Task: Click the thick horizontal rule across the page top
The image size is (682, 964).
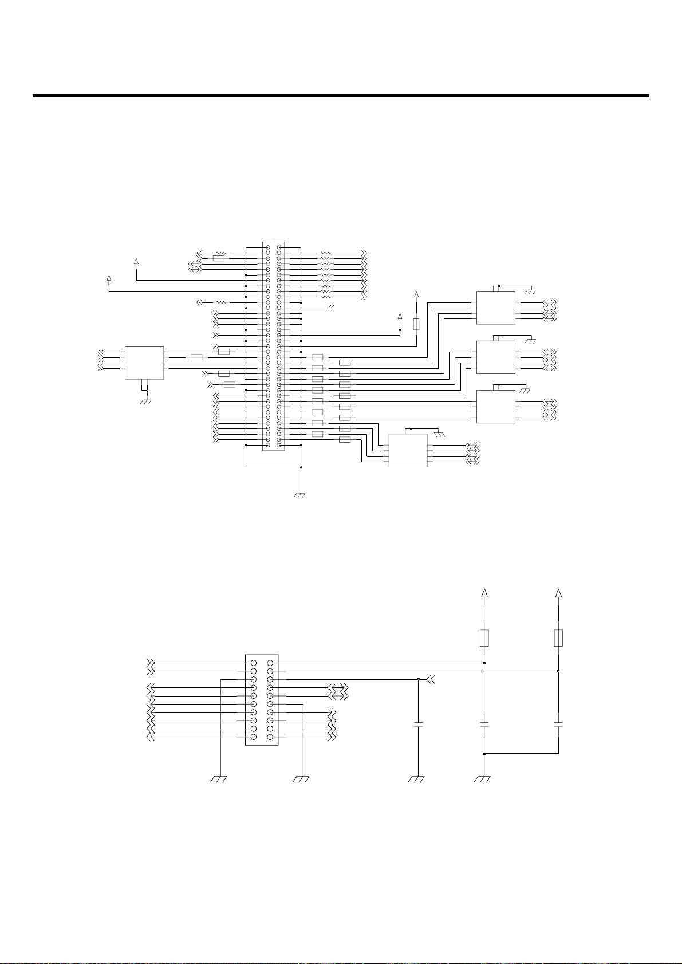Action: tap(341, 96)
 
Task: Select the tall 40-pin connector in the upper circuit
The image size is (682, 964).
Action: tap(273, 346)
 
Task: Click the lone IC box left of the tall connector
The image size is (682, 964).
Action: tap(144, 362)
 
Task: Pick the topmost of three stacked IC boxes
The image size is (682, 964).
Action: tap(496, 308)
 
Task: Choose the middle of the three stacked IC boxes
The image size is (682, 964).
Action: tap(496, 357)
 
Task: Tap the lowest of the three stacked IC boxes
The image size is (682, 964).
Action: tap(496, 406)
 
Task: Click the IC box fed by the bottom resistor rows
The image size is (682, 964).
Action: tap(408, 450)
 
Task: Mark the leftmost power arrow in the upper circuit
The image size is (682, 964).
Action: tap(109, 278)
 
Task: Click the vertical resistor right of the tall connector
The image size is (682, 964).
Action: tap(416, 325)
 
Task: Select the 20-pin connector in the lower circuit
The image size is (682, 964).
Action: tap(262, 700)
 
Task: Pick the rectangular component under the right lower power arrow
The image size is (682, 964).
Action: tap(558, 638)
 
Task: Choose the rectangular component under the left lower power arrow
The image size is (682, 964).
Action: tap(484, 638)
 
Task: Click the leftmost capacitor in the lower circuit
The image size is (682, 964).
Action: tap(419, 725)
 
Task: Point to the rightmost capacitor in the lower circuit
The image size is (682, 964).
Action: tap(558, 725)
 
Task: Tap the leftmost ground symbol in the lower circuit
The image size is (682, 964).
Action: tap(220, 779)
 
